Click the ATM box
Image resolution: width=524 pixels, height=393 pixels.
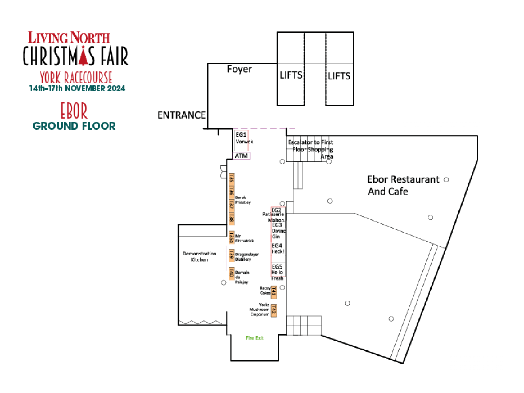click(242, 156)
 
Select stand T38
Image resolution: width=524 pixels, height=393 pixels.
click(231, 218)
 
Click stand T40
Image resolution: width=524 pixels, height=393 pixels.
click(231, 274)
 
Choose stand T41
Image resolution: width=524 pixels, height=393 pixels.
click(274, 292)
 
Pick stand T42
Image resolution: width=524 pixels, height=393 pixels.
click(274, 310)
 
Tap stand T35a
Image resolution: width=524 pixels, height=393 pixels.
click(231, 237)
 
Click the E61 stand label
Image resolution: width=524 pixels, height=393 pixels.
click(241, 135)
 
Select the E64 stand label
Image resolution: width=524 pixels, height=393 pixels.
click(277, 246)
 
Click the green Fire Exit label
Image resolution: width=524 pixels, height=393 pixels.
click(255, 338)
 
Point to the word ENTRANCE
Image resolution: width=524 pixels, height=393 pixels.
click(181, 115)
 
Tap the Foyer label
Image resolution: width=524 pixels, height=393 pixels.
click(239, 69)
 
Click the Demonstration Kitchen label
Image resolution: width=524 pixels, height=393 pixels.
click(199, 257)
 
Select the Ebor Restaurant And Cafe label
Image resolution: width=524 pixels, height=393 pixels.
click(403, 185)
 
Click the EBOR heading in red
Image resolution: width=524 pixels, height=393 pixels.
click(74, 111)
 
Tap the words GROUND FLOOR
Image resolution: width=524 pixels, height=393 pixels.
click(74, 126)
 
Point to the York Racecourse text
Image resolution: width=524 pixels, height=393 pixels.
click(76, 77)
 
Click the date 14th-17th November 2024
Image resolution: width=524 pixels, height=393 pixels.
click(78, 88)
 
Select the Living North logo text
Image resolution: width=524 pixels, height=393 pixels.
click(69, 37)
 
